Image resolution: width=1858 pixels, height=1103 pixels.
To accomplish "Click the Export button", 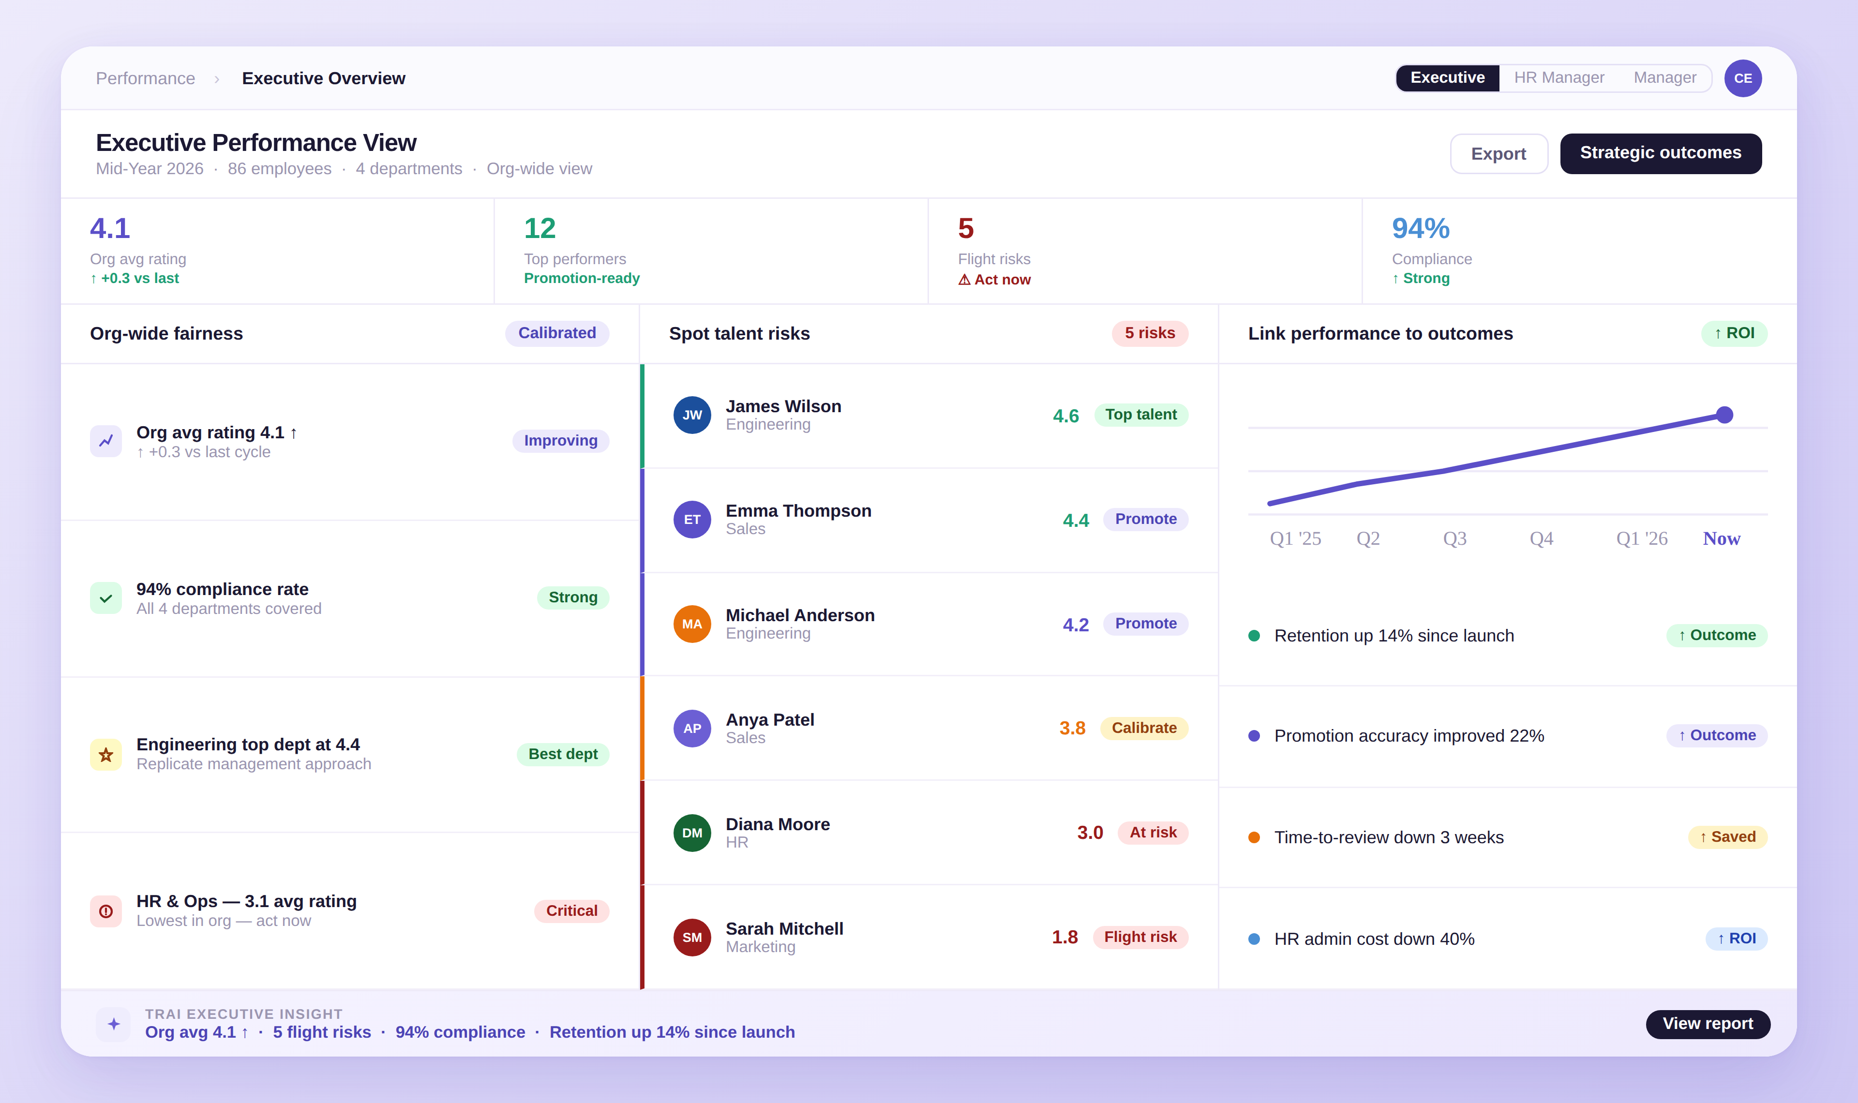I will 1498,154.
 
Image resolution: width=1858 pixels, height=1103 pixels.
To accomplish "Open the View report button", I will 1707,1024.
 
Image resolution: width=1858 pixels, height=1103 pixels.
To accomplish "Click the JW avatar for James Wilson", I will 692,415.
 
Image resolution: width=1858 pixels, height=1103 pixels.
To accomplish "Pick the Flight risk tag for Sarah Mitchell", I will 1139,937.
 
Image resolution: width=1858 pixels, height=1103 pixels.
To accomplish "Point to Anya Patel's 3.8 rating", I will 1072,729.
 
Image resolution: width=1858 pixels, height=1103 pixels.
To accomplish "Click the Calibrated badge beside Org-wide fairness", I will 556,333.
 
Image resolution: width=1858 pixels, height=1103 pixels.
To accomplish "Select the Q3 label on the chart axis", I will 1454,539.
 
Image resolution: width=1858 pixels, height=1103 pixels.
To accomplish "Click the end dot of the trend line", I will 1724,415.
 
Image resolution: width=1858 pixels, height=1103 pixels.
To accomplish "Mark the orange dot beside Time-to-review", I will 1254,838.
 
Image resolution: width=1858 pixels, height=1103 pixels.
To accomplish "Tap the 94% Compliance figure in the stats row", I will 1420,228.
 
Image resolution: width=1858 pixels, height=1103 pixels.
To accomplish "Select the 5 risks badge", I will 1149,333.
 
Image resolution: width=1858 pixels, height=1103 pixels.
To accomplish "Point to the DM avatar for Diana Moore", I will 692,833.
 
